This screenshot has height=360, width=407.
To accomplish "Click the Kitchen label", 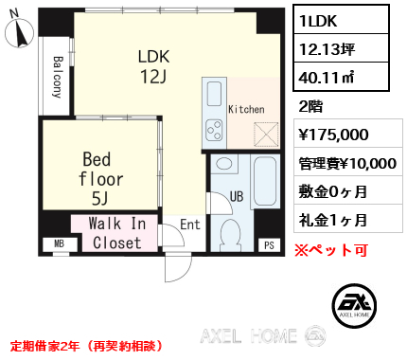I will (245, 110).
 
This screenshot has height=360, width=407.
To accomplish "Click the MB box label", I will (59, 244).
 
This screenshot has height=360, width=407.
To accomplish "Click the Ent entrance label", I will (189, 225).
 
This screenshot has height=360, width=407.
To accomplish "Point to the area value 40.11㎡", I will (327, 78).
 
